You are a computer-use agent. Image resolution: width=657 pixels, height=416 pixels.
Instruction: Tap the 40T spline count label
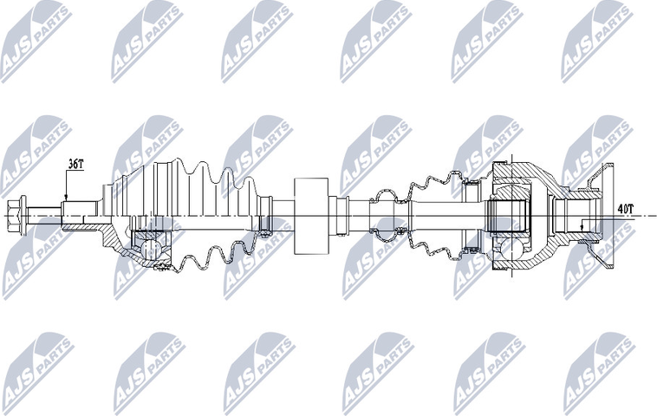coord(624,208)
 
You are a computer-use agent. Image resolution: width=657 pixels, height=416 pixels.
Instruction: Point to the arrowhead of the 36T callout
coord(66,198)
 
